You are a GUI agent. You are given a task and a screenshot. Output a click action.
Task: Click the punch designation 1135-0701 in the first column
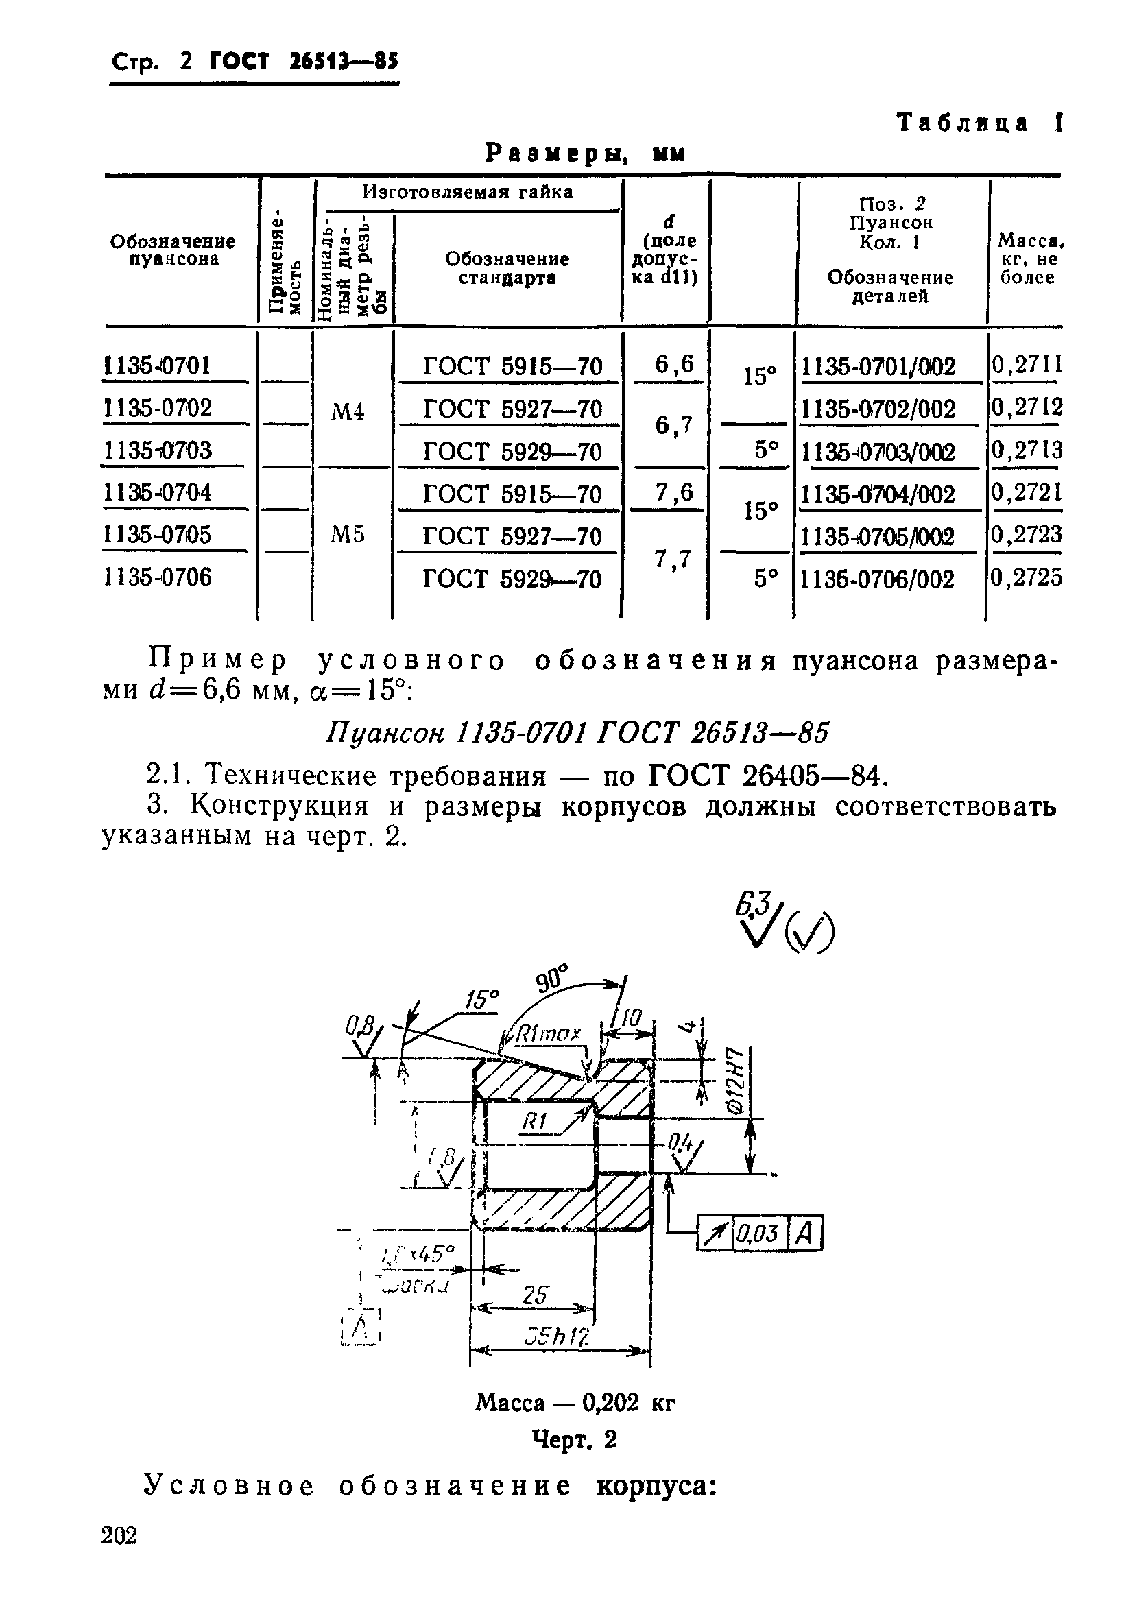157,365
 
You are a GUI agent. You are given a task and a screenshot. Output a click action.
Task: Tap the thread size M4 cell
348,411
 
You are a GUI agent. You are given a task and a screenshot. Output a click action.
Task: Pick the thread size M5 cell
348,535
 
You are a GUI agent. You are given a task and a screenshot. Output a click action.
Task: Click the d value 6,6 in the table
674,364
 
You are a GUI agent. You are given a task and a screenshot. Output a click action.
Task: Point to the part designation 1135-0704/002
877,494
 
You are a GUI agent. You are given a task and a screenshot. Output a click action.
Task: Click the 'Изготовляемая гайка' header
468,192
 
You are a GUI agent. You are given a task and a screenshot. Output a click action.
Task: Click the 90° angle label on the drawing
554,978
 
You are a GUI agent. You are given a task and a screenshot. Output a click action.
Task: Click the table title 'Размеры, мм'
585,153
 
